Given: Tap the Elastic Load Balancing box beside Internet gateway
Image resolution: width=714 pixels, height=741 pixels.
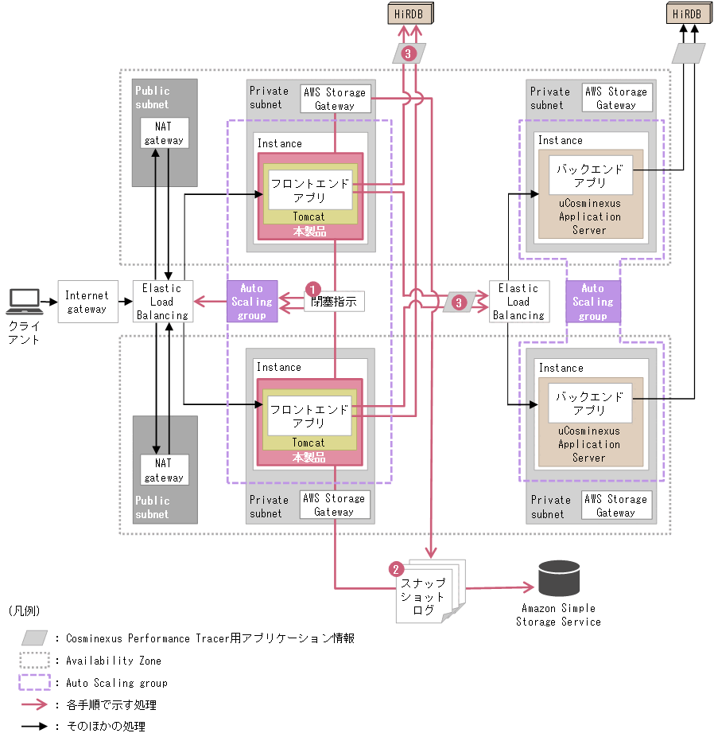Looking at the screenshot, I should tap(161, 302).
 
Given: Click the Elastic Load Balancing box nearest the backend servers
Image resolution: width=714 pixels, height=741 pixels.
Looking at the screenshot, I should tap(518, 302).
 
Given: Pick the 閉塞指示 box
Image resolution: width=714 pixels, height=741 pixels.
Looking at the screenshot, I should tap(335, 302).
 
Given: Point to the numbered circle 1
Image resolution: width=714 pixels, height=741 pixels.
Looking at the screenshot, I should tap(313, 288).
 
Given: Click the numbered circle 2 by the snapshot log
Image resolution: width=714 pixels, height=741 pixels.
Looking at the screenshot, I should tap(395, 569).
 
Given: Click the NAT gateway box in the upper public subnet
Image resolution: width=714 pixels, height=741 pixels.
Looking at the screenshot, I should tap(165, 132).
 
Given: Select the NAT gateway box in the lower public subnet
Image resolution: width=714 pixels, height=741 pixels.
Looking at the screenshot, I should tap(165, 470).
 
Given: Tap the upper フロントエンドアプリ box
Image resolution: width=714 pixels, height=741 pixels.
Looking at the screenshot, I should tap(309, 190).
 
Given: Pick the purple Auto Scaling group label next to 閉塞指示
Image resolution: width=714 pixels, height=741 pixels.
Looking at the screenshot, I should tap(251, 302).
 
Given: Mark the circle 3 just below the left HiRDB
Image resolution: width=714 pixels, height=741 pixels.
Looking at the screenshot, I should tap(409, 53).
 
